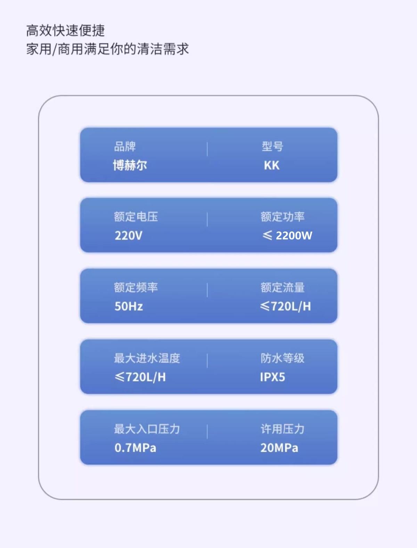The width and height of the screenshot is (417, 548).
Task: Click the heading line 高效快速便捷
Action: (x=65, y=31)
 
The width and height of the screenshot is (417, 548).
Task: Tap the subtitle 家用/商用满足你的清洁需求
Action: (x=107, y=49)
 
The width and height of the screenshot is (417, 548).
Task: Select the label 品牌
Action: (x=125, y=147)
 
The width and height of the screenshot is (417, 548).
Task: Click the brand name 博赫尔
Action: (x=130, y=165)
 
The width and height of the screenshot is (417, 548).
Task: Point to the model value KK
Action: (x=271, y=166)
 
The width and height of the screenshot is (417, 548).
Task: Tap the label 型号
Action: (x=272, y=147)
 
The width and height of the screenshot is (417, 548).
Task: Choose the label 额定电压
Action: (x=136, y=217)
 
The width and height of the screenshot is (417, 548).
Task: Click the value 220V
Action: (x=128, y=236)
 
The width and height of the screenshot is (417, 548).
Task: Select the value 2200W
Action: (x=294, y=236)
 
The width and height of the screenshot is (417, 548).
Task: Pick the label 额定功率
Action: (x=283, y=217)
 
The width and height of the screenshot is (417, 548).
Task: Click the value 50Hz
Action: (x=129, y=306)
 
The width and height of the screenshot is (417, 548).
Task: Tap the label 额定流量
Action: (x=283, y=288)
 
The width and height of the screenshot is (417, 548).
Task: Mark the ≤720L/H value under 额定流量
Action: (x=285, y=306)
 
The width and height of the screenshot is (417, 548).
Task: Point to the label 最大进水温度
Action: (x=147, y=358)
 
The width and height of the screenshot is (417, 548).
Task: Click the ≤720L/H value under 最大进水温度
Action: (x=140, y=377)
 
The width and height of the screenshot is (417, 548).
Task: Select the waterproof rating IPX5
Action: (x=272, y=377)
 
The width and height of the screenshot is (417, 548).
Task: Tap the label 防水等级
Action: (x=283, y=358)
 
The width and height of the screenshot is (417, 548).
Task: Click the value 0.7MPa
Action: (x=135, y=448)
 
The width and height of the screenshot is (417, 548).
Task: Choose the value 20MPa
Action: (x=279, y=448)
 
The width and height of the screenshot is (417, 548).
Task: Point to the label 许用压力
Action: (x=283, y=429)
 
